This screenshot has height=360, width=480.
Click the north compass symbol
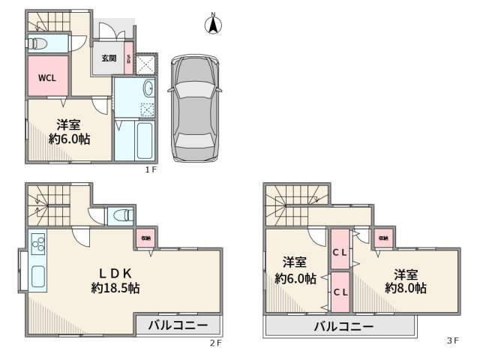coord(213,25)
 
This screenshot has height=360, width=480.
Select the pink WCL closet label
coord(46,76)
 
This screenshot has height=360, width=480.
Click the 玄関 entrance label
coord(109,58)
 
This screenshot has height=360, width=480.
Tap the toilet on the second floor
coord(118,217)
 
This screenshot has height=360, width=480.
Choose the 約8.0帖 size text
coord(406,287)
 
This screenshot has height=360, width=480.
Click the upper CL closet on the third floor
coord(339,252)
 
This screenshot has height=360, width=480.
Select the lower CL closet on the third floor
coord(339,291)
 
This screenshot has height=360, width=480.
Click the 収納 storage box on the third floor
coord(384,238)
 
